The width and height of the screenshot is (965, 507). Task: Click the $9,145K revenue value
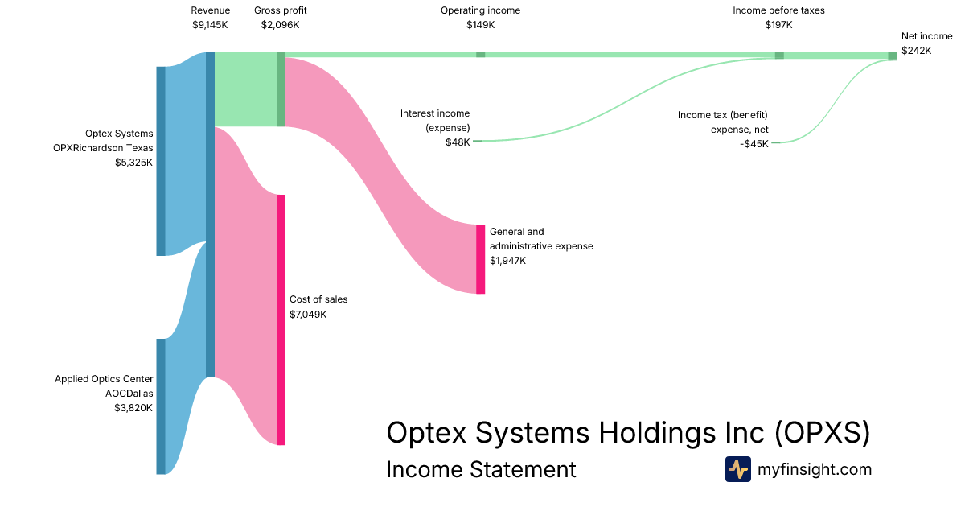point(210,25)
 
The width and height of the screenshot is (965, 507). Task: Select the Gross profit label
point(280,10)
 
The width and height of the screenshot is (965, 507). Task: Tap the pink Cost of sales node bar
point(281,319)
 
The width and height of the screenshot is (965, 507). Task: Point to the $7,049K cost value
point(308,314)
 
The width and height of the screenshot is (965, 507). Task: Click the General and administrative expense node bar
point(481,259)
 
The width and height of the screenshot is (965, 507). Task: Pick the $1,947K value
point(508,261)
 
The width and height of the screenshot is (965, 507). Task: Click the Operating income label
point(480,10)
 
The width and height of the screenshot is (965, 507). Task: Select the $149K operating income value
point(480,25)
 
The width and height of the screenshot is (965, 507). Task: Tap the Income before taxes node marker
point(779,55)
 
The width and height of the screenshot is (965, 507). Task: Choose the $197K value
point(778,25)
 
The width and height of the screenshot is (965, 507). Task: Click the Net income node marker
point(893,56)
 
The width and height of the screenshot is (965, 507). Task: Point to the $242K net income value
point(916,50)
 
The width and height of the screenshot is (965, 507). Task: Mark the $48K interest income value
point(458,142)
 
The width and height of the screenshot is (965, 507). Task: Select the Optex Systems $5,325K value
point(133,162)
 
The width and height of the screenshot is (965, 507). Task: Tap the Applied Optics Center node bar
point(161,406)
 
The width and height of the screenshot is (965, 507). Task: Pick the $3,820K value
point(133,408)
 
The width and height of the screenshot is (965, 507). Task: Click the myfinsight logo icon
point(737,469)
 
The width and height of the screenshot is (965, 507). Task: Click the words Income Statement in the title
point(481,469)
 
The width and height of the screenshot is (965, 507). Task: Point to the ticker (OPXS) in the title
point(823,433)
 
